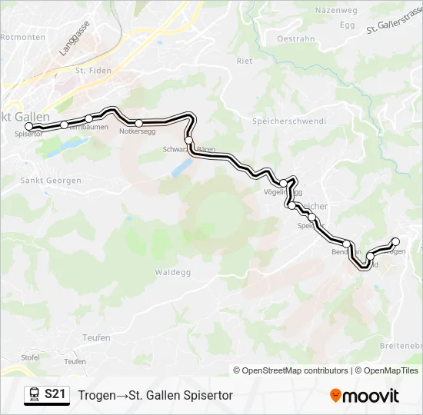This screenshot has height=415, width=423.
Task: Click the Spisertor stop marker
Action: tap(29, 127)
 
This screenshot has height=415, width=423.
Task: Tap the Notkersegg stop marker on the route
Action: tap(138, 123)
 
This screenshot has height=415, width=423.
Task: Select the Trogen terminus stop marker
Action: tap(396, 241)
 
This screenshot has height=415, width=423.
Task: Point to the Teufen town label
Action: tap(96, 337)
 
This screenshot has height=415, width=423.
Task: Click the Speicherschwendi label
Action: tap(289, 121)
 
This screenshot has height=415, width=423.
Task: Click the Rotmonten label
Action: tap(24, 36)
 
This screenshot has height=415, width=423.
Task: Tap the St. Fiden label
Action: tap(93, 71)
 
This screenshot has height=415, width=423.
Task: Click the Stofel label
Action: tap(30, 357)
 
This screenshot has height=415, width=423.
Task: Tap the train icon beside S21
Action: tap(34, 395)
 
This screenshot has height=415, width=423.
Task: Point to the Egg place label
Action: tap(348, 25)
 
